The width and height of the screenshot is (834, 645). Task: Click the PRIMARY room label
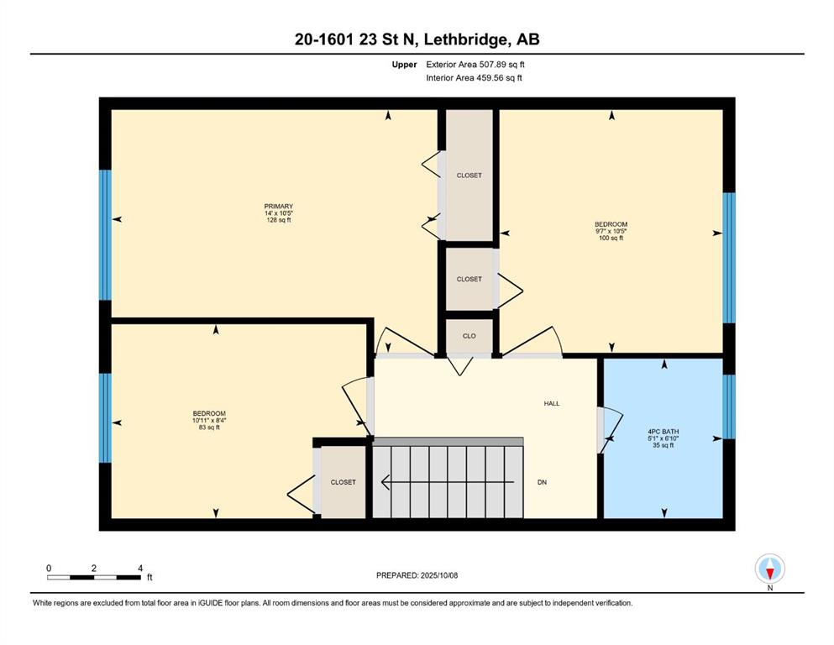[279, 207]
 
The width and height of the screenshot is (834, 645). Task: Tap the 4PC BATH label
[664, 432]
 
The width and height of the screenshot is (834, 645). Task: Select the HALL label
[552, 404]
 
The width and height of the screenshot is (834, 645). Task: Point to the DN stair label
[542, 482]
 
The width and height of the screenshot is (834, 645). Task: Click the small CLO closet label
[469, 336]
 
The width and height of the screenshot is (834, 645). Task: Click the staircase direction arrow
[448, 482]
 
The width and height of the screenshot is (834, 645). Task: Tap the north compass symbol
[769, 569]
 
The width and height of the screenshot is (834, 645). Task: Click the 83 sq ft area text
[209, 427]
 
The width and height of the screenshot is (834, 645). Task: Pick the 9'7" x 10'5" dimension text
[611, 231]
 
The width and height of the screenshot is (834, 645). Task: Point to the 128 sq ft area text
[279, 220]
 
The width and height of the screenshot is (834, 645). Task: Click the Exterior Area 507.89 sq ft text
[475, 65]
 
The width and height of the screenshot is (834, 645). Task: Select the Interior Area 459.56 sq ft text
[474, 77]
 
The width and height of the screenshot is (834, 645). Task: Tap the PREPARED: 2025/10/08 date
[417, 575]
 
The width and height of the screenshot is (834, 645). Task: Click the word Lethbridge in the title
[464, 39]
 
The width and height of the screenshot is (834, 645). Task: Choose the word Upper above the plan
[404, 65]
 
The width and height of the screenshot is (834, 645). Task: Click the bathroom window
[729, 406]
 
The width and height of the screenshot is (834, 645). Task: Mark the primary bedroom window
[105, 235]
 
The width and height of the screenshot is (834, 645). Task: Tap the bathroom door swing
[610, 430]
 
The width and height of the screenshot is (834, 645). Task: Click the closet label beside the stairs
[343, 482]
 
